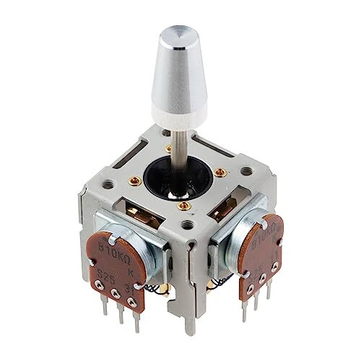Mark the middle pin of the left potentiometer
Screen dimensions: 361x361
point(116,318)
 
